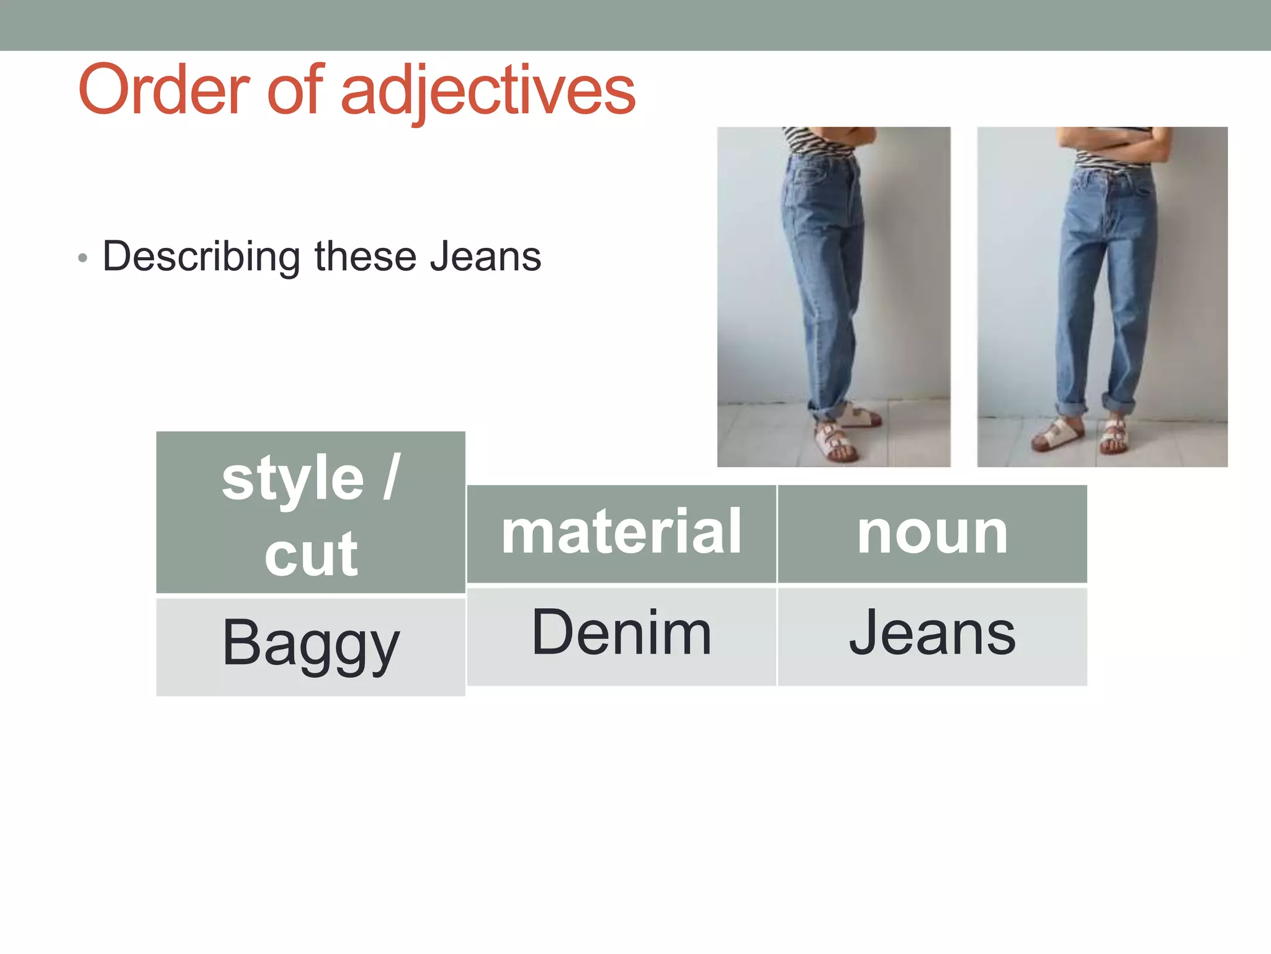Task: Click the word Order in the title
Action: (x=163, y=90)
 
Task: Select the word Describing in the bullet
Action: (x=201, y=257)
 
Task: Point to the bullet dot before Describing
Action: (x=83, y=258)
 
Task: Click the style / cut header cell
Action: (x=310, y=513)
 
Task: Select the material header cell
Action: (x=621, y=533)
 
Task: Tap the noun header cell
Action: (x=932, y=533)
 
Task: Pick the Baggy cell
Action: (x=310, y=645)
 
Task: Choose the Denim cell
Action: (x=621, y=634)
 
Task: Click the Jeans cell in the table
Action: (x=932, y=634)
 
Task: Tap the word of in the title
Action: (x=295, y=90)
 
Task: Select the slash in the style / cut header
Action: (x=391, y=477)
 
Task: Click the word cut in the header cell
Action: (x=311, y=554)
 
